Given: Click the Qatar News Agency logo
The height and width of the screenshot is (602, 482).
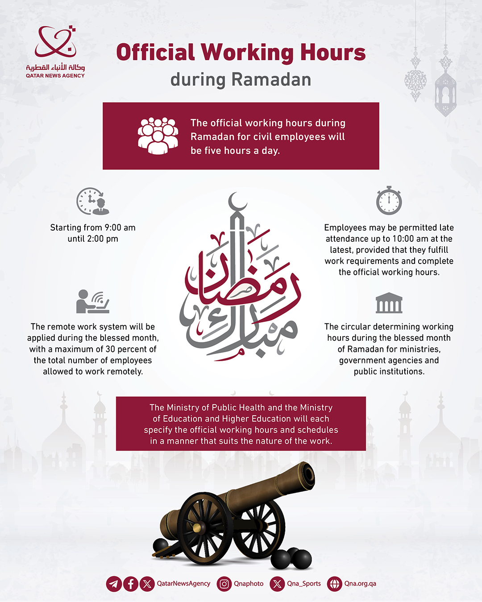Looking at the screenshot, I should point(55,51).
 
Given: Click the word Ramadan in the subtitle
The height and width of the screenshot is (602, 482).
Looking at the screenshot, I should point(271,80).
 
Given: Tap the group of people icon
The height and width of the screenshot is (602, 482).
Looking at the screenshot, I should point(158,136).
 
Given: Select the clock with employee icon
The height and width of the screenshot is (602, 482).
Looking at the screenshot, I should point(92,201).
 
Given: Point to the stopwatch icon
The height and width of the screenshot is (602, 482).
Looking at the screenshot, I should point(389,201).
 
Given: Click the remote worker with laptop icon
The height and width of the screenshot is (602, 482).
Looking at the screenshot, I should point(92,301).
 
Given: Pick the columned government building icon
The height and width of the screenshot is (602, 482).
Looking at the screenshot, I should point(389,303).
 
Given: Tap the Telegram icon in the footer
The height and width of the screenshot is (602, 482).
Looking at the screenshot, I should point(114,584).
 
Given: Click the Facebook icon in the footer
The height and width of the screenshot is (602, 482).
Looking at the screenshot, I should point(130,584).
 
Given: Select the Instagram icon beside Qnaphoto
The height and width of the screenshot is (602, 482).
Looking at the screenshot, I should point(224,584).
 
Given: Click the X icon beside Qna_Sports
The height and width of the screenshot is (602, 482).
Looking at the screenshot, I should point(277,584).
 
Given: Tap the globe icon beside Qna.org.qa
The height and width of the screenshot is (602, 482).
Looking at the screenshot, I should point(334,584).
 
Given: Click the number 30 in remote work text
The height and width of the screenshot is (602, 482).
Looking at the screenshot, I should point(110,349).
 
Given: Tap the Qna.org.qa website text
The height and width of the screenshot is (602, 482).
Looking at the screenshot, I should point(360,584).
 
